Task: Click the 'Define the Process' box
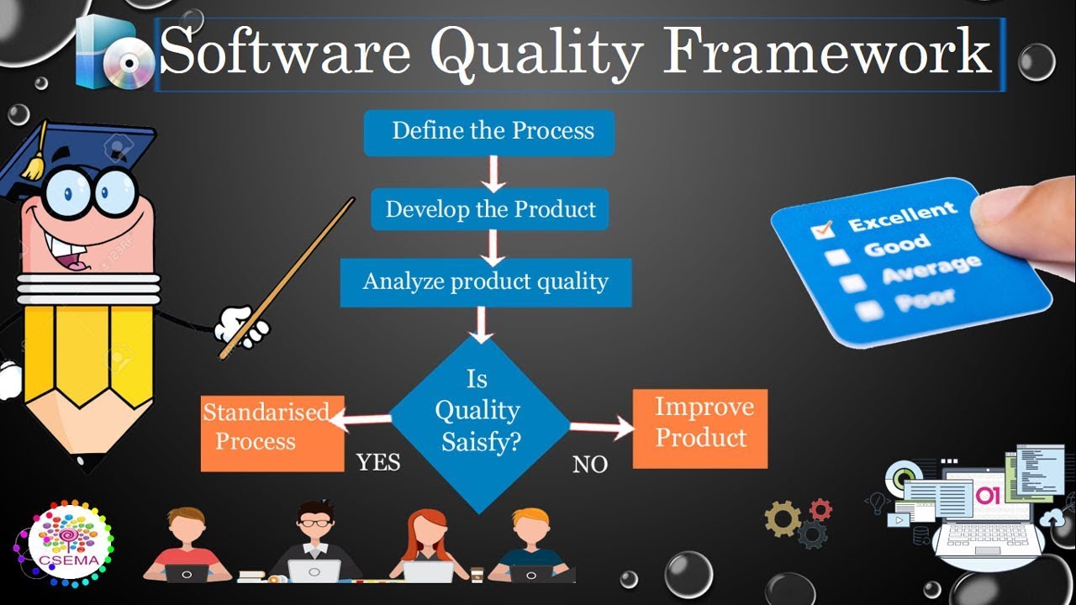pyautogui.click(x=489, y=133)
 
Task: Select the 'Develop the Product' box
pyautogui.click(x=490, y=209)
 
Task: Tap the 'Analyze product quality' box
pyautogui.click(x=485, y=282)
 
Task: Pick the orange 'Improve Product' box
pyautogui.click(x=699, y=428)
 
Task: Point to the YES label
pyautogui.click(x=378, y=462)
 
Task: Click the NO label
pyautogui.click(x=589, y=465)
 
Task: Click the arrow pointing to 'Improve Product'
pyautogui.click(x=602, y=429)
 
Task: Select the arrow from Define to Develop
pyautogui.click(x=493, y=172)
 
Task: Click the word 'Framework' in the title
pyautogui.click(x=828, y=52)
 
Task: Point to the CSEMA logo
pyautogui.click(x=63, y=544)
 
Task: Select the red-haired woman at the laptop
pyautogui.click(x=427, y=546)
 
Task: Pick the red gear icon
pyautogui.click(x=820, y=509)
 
